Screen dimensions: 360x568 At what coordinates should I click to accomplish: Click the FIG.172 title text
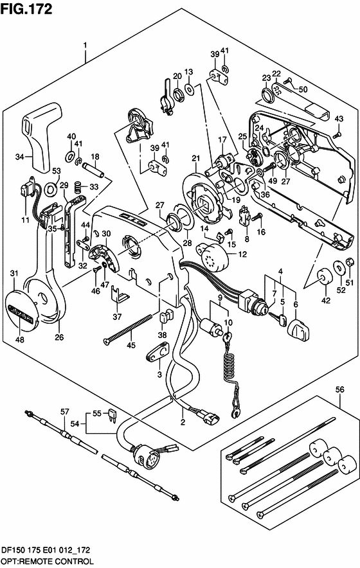click(x=26, y=9)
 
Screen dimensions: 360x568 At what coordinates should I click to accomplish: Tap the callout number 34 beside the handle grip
click(x=20, y=157)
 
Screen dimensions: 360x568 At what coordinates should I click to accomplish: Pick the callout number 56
click(x=339, y=390)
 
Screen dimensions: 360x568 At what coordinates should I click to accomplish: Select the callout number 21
click(x=196, y=158)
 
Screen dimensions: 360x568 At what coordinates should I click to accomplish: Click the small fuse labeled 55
click(x=113, y=415)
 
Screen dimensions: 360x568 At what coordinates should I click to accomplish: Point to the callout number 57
click(x=64, y=411)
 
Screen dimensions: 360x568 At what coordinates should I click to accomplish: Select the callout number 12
click(x=242, y=254)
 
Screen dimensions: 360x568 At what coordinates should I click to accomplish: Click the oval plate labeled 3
click(x=159, y=351)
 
